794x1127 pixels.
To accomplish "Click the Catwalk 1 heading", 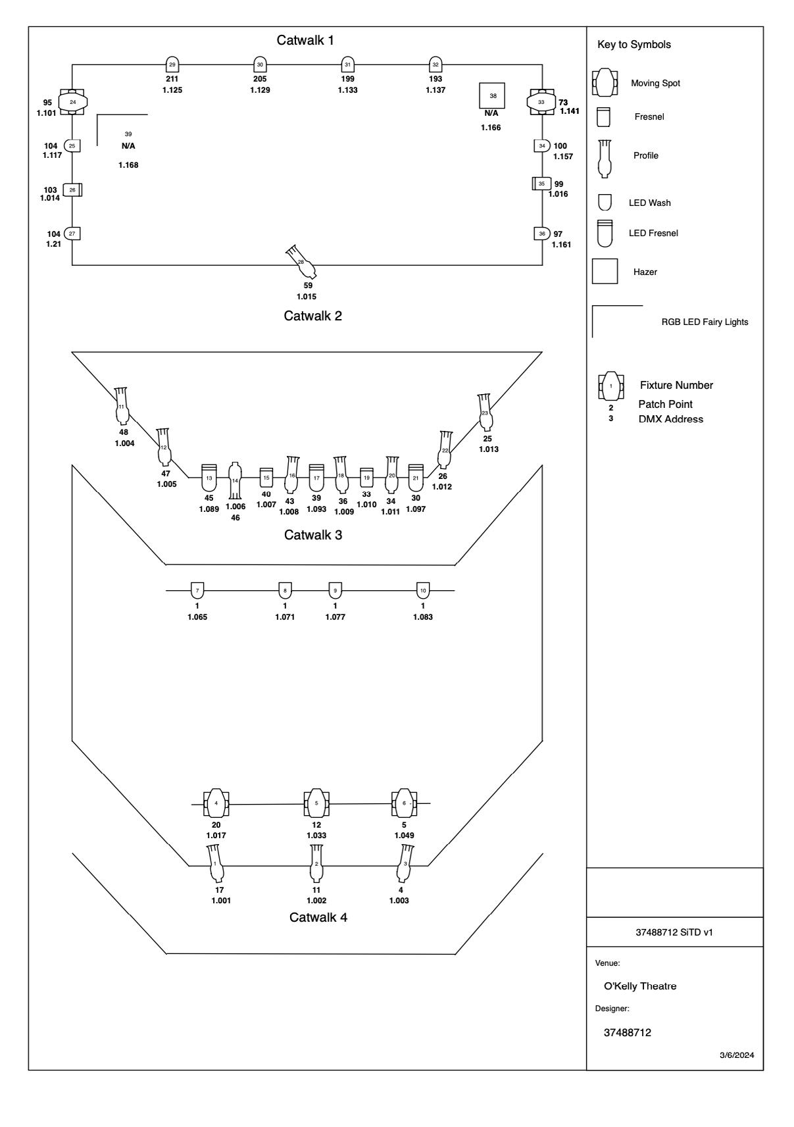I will pyautogui.click(x=305, y=41).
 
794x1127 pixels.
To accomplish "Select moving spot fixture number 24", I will pyautogui.click(x=73, y=102).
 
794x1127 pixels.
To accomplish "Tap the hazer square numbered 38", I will pyautogui.click(x=493, y=96).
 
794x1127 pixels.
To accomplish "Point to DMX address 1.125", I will pyautogui.click(x=172, y=90).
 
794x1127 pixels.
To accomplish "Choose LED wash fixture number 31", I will pyautogui.click(x=347, y=64).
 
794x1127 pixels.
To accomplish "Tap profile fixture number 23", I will pyautogui.click(x=485, y=413).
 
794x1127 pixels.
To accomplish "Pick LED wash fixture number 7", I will pyautogui.click(x=197, y=591).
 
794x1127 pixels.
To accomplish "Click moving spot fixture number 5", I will pyautogui.click(x=316, y=803).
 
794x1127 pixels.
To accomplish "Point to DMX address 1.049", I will pyautogui.click(x=404, y=836).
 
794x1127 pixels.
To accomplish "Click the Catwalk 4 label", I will pyautogui.click(x=318, y=917).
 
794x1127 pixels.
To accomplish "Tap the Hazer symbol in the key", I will pyautogui.click(x=605, y=271).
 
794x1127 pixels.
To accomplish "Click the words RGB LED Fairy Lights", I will pyautogui.click(x=705, y=322).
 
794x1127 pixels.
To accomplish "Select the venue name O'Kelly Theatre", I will pyautogui.click(x=640, y=986).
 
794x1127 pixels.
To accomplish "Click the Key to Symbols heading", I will pyautogui.click(x=634, y=45).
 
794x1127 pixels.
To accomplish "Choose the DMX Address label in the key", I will pyautogui.click(x=670, y=419).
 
